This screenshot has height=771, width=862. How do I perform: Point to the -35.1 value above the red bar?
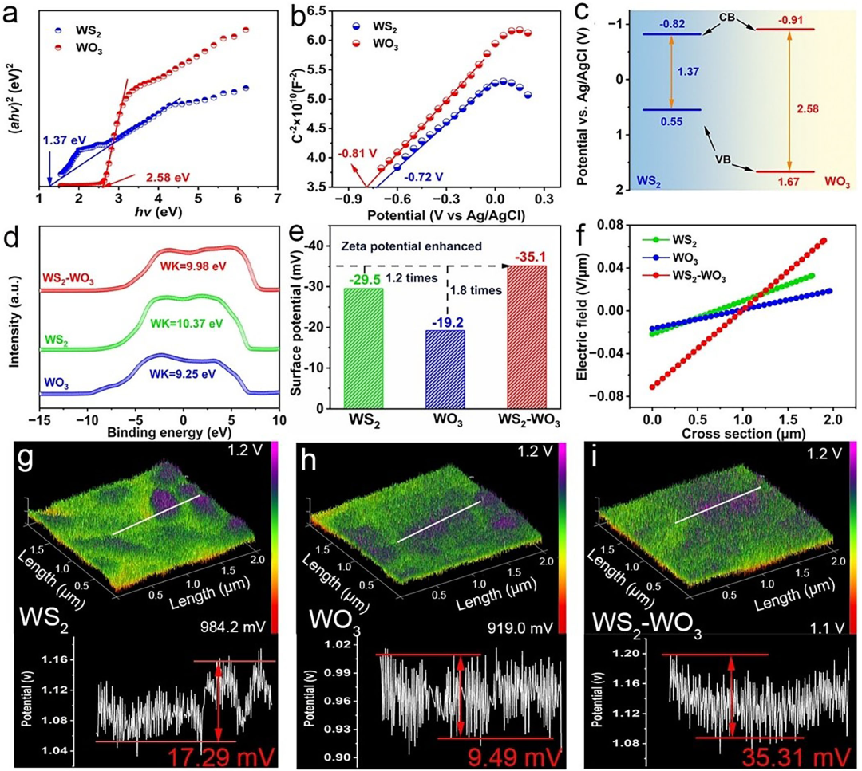(x=527, y=258)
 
